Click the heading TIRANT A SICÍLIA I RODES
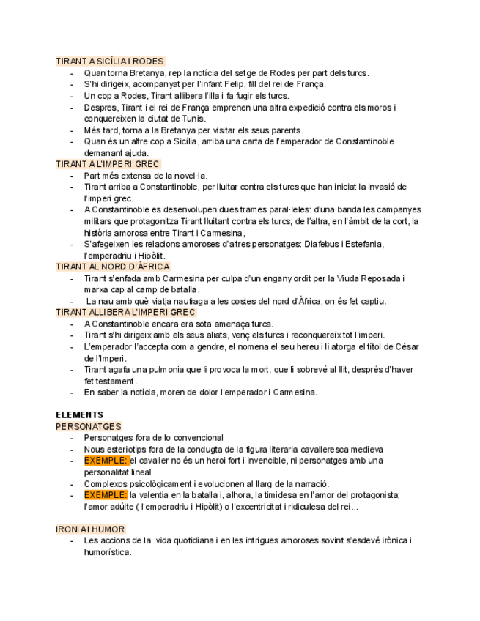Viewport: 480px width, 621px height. point(110,62)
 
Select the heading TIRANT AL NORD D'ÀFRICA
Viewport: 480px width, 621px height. point(112,267)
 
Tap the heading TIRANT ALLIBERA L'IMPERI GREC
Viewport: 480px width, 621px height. point(125,312)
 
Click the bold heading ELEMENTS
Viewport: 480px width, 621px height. point(79,414)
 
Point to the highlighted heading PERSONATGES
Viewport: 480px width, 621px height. point(88,426)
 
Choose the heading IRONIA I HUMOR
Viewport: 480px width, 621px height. point(90,529)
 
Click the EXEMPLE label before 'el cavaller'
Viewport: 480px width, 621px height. point(106,461)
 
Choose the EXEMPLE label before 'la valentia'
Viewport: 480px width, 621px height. point(106,495)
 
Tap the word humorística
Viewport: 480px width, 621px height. point(107,552)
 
